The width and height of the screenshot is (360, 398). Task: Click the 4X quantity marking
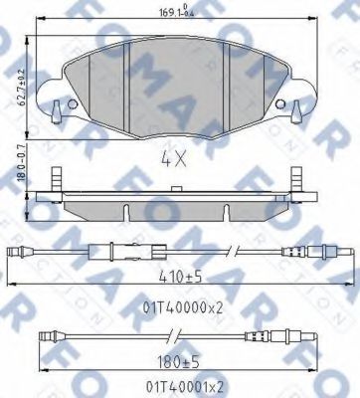pos(174,157)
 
